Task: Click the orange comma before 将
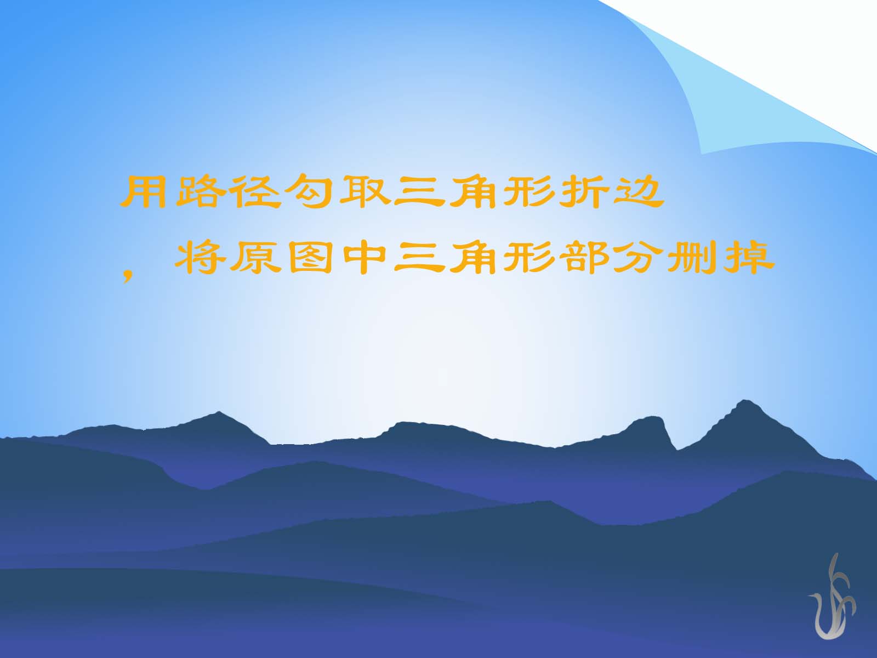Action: (128, 275)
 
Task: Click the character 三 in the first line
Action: (419, 192)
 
